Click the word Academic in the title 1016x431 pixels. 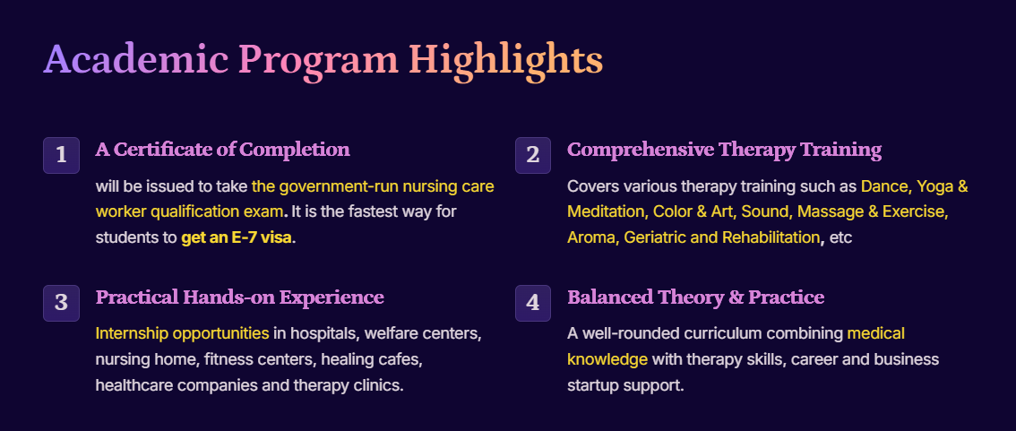point(135,59)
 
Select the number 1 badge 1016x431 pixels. point(62,156)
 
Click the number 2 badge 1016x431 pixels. point(532,156)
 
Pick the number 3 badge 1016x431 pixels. point(62,303)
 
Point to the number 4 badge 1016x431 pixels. point(532,303)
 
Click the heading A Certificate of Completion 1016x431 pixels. point(223,151)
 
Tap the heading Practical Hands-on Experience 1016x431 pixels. point(240,298)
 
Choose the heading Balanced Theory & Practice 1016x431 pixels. point(696,298)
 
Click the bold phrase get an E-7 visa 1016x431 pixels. point(237,237)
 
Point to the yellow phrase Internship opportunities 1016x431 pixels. point(182,334)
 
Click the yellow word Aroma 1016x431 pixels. point(590,237)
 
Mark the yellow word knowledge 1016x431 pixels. point(607,359)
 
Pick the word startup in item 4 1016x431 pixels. point(592,386)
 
